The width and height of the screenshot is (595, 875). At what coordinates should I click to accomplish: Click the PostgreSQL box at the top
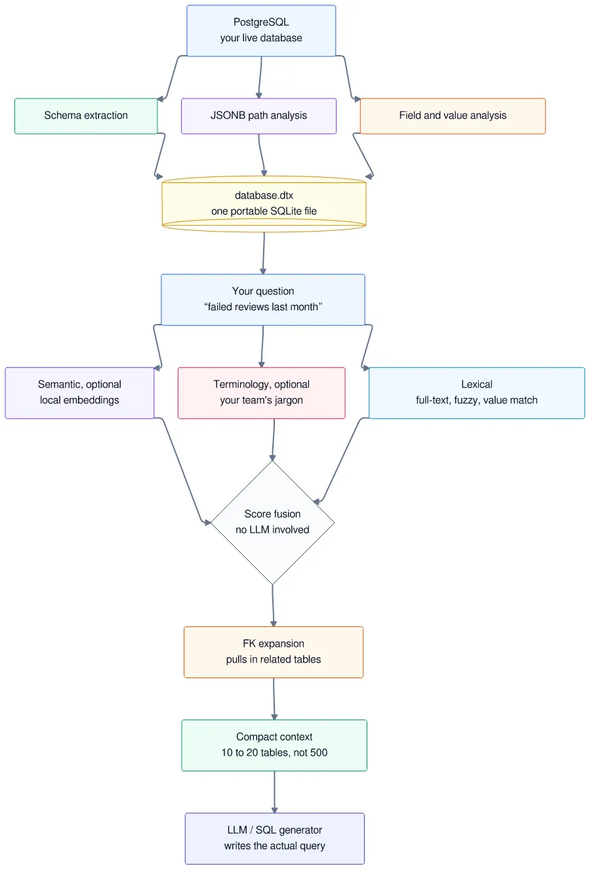261,30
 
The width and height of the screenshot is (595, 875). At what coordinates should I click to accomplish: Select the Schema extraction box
86,116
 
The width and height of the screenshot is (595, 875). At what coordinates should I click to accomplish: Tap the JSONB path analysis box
258,116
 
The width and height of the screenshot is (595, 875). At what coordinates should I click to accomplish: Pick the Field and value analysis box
453,116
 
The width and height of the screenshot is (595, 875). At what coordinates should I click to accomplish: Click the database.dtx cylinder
264,204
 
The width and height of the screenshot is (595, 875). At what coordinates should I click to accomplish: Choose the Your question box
263,300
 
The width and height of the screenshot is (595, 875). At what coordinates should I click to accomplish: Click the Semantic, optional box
79,393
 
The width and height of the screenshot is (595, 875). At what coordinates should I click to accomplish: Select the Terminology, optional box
261,393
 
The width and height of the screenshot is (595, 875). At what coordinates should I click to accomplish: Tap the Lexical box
477,393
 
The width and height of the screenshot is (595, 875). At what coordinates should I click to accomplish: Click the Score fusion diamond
272,522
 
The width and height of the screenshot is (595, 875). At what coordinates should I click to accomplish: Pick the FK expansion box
274,652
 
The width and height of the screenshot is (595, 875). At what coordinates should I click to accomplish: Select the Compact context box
274,745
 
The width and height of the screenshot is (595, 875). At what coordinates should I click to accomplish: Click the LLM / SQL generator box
275,838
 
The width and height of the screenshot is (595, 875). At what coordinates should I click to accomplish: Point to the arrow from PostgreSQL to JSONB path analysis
260,77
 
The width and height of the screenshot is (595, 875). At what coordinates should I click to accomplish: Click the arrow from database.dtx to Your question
264,253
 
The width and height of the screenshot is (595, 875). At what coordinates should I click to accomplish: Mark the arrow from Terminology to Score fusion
274,440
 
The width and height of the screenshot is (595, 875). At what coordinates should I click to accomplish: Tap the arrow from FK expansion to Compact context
274,699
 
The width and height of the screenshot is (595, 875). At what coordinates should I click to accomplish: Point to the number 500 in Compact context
319,753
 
